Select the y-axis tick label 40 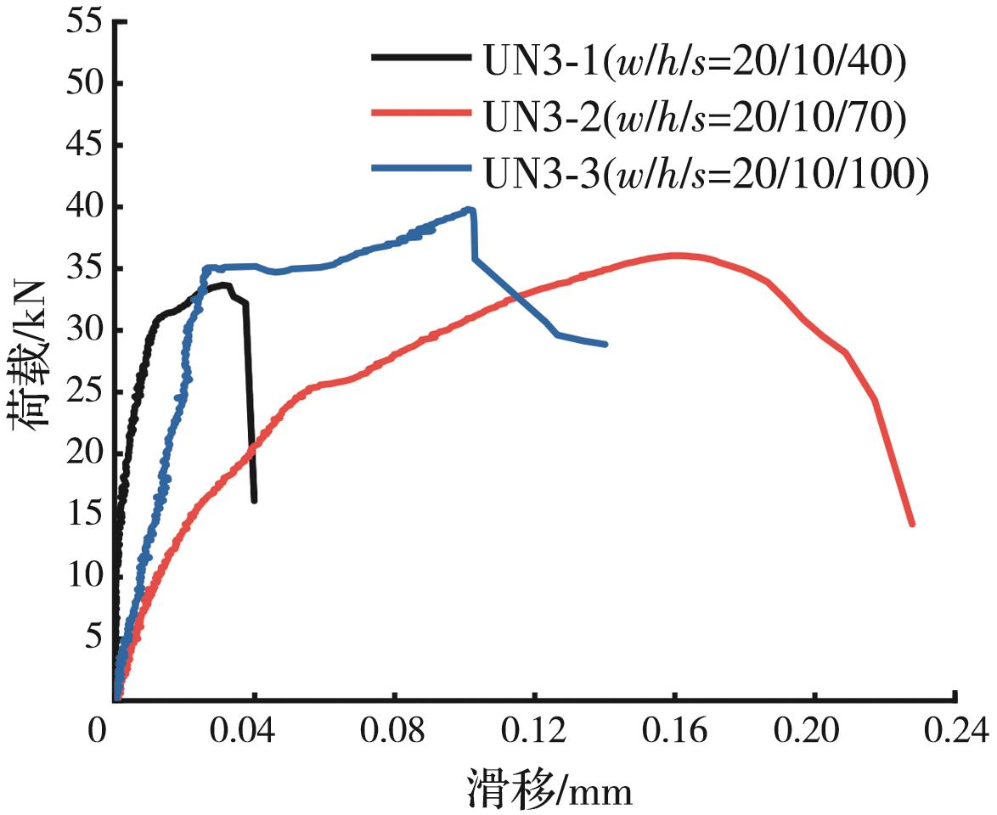tap(82, 207)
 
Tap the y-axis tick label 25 tap(82, 392)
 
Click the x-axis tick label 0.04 tap(253, 730)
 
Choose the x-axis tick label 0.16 tap(674, 730)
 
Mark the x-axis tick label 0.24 tap(955, 730)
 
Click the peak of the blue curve tap(470, 209)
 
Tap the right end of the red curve tap(911, 524)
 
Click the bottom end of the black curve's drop tap(254, 500)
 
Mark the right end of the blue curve tap(605, 344)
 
